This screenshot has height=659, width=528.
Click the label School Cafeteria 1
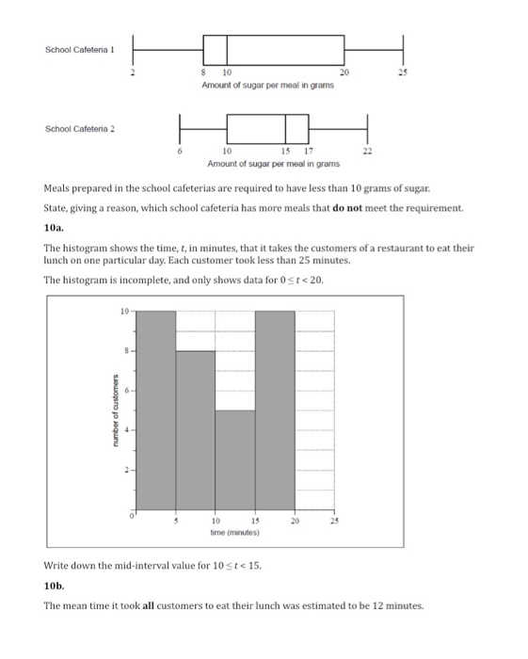click(79, 49)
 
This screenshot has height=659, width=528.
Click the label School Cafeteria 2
click(79, 128)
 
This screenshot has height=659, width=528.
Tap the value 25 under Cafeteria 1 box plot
click(403, 72)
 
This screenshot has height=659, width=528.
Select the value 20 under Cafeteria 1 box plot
click(344, 72)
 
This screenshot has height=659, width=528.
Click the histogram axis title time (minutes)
click(235, 532)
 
